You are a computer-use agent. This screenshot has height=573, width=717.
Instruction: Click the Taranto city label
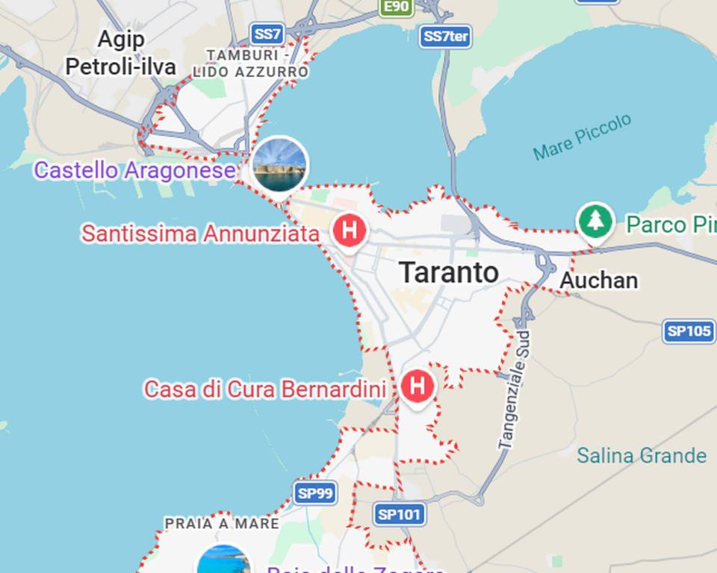click(x=448, y=272)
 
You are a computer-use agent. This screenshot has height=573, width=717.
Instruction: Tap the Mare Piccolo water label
click(x=583, y=137)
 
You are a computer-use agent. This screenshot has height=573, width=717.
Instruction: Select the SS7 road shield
click(x=267, y=34)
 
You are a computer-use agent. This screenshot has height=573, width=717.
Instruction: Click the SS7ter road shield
click(x=445, y=37)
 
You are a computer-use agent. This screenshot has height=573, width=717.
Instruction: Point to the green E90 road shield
click(x=395, y=7)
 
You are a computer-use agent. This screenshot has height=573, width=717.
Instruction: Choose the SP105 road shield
click(x=689, y=331)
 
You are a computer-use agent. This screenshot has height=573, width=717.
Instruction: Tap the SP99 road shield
click(x=315, y=492)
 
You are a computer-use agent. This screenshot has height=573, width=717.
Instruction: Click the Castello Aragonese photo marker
click(x=279, y=164)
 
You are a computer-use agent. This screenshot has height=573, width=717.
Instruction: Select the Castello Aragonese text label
click(x=134, y=171)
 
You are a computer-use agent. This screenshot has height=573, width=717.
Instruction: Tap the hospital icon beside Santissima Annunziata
click(x=349, y=230)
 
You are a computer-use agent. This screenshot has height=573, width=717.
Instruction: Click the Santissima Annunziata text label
click(x=200, y=234)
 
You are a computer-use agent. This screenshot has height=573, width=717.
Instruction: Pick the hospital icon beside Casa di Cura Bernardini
click(x=417, y=386)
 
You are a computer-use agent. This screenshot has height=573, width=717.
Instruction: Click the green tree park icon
click(x=595, y=221)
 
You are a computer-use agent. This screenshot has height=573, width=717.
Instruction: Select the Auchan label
click(x=598, y=281)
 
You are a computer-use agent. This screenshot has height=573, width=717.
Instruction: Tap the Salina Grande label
click(x=642, y=455)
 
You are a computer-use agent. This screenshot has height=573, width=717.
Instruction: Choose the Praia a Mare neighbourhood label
click(x=222, y=524)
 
